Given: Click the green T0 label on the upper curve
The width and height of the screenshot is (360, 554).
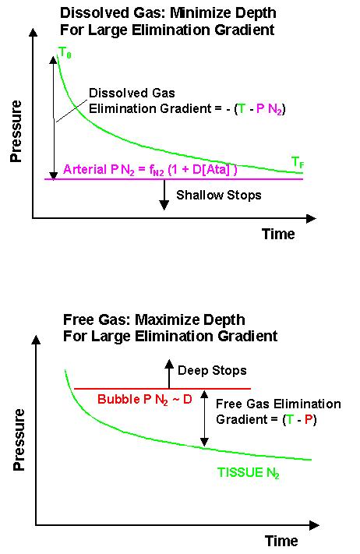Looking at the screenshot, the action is point(65,53).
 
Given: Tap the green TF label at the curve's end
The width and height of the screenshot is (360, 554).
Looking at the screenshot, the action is point(298,163).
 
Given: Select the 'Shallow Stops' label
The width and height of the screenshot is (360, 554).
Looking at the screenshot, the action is point(219,196).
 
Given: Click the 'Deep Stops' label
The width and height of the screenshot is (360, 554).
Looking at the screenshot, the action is point(212,371).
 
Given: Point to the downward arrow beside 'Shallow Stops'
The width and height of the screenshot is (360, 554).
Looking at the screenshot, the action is point(164,195).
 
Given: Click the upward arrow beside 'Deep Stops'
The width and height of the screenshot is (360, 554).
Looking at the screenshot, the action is point(169,374).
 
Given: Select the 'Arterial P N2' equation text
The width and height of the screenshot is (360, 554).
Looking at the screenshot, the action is point(150,170).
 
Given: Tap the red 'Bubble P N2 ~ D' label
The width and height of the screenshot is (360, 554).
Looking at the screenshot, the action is point(145,400).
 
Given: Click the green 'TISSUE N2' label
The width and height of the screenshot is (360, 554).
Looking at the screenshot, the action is point(249,473).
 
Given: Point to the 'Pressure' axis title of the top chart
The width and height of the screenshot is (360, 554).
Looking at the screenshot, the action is point(16,131).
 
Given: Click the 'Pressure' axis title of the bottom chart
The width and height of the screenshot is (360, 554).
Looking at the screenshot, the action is point(19,439).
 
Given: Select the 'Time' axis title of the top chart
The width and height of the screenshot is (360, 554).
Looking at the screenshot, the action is point(278,234).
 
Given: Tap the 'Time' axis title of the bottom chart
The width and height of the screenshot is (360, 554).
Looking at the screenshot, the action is point(281,541).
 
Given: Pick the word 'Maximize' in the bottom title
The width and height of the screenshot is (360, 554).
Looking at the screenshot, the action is point(171,319).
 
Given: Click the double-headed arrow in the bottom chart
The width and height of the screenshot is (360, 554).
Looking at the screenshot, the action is point(204,418).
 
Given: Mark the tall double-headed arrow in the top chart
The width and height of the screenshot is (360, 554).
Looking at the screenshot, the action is point(53,118).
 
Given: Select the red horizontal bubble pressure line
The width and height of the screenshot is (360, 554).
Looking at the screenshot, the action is point(162,389).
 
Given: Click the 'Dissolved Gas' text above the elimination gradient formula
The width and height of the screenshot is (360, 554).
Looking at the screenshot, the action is point(132,94).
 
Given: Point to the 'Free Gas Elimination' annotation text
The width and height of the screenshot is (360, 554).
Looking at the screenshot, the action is point(278,404).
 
